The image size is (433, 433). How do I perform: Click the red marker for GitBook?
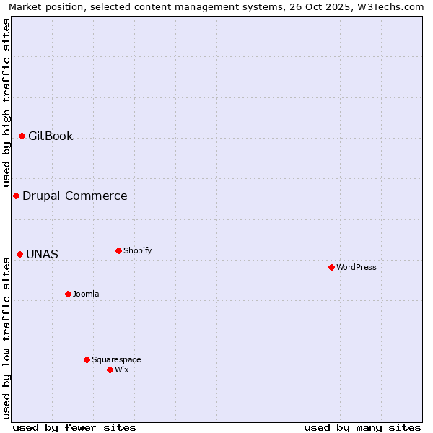(22, 136)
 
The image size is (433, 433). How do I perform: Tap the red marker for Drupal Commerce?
(16, 196)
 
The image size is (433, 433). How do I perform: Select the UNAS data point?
(19, 254)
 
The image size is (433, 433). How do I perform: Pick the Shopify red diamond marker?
(118, 250)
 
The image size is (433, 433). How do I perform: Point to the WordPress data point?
(331, 267)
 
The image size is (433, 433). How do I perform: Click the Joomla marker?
(68, 294)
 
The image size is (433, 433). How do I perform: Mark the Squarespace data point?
(87, 359)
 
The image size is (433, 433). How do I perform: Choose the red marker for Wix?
(110, 369)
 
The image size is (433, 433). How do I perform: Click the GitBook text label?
(51, 136)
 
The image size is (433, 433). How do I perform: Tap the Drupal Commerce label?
(75, 196)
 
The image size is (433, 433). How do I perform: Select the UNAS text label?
(42, 254)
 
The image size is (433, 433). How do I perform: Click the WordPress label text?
(357, 267)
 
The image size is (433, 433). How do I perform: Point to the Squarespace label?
(116, 359)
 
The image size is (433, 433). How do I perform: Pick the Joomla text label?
(86, 294)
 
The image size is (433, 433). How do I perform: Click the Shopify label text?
(138, 250)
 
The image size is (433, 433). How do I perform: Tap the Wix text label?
(122, 369)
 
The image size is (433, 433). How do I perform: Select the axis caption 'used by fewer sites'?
(74, 427)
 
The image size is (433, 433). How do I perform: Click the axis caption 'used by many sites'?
(362, 427)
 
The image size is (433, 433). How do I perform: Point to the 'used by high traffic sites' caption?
(6, 102)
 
